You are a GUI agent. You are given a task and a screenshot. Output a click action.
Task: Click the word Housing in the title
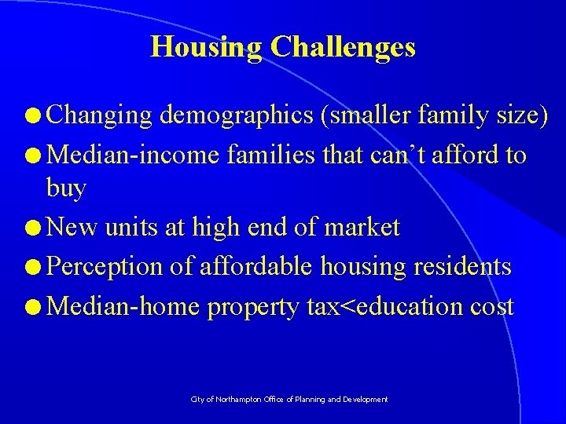click(x=206, y=48)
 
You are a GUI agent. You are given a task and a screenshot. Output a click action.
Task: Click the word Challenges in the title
click(x=343, y=48)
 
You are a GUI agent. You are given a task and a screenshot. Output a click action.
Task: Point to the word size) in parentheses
click(x=522, y=115)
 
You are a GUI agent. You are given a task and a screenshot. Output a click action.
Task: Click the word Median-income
click(x=134, y=155)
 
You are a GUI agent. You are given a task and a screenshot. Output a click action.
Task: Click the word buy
click(x=66, y=188)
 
